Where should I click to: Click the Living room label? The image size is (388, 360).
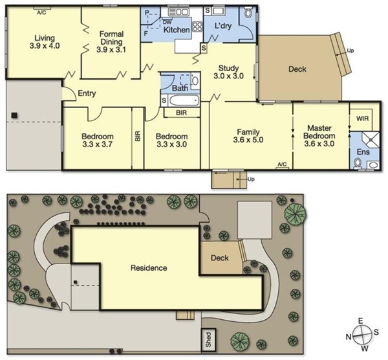(45, 38)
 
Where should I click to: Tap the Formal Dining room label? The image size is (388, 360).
(111, 38)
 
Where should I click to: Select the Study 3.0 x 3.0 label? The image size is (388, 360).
(229, 72)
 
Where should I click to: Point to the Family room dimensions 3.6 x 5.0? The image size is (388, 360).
(248, 140)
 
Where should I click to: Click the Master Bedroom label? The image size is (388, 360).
(319, 132)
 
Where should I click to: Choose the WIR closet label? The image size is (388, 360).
(362, 118)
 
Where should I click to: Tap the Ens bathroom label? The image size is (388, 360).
(363, 152)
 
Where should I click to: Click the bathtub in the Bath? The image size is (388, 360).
(184, 100)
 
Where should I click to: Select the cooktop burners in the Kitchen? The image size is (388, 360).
(197, 27)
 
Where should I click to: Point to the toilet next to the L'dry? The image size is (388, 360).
(248, 12)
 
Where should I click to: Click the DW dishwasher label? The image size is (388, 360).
(167, 22)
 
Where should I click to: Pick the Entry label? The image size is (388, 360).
(87, 93)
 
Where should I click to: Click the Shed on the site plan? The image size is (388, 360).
(208, 340)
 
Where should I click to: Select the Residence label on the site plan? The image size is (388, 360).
(149, 268)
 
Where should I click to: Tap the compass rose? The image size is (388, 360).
(361, 335)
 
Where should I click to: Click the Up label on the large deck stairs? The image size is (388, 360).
(350, 51)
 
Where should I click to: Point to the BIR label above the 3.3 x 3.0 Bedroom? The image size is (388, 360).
(181, 113)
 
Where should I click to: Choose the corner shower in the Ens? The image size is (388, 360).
(371, 140)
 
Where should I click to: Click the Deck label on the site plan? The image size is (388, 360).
(219, 258)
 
